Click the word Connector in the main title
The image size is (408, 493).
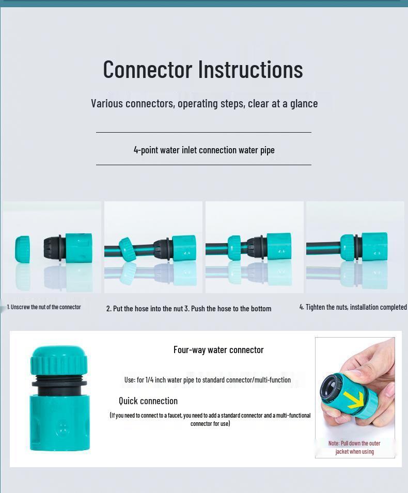click(x=148, y=70)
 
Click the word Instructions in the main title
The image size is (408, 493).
click(x=250, y=70)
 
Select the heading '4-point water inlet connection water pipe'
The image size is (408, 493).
click(x=204, y=150)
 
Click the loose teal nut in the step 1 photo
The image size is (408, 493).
click(x=22, y=249)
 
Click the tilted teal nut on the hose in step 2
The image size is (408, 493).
click(x=127, y=250)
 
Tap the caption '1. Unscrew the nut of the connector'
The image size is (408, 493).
click(x=44, y=307)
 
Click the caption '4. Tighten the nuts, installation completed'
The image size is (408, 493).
click(x=353, y=307)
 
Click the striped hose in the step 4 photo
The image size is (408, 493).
click(x=323, y=248)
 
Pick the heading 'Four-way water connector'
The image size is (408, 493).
click(x=218, y=349)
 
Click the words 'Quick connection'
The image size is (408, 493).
click(x=148, y=401)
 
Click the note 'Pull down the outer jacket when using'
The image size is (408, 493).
click(x=354, y=448)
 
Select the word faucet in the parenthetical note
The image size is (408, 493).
click(x=175, y=416)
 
